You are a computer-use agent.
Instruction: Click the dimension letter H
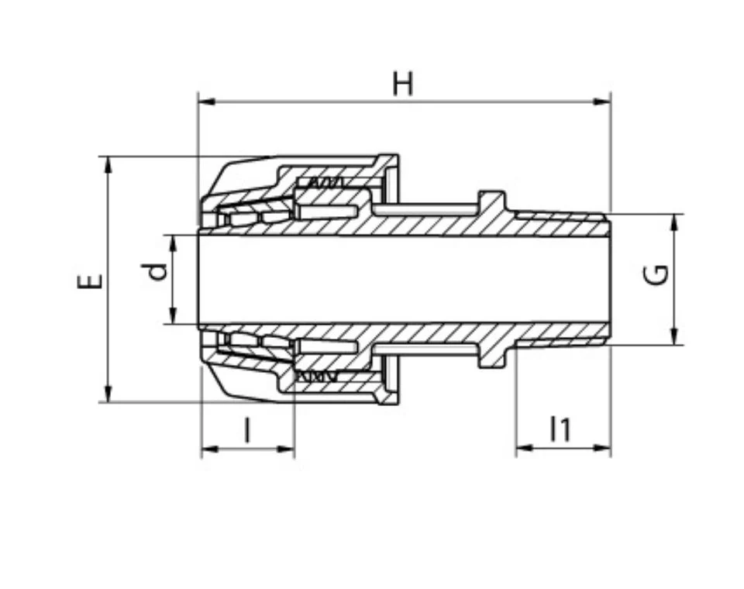pos(403,84)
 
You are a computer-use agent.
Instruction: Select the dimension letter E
pos(90,281)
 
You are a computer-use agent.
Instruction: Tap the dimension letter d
pos(154,271)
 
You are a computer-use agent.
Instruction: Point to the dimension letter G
pos(656,275)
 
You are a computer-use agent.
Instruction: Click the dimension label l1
pos(560,429)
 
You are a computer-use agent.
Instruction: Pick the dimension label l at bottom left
pos(246,429)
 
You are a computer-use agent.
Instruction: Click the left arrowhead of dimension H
pos(206,102)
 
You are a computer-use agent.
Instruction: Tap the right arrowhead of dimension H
pos(602,102)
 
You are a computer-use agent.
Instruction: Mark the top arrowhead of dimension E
pos(108,165)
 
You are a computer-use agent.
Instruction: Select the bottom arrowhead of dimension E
pos(108,394)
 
